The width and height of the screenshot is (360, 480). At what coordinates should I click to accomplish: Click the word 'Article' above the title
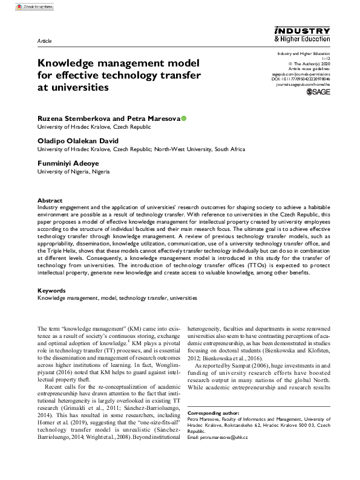click(x=45, y=41)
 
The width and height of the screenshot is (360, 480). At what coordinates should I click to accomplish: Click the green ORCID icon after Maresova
click(x=184, y=118)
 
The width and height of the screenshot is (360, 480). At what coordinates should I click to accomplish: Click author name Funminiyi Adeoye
click(x=68, y=163)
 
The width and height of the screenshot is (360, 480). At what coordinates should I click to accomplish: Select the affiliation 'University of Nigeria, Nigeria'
click(x=74, y=172)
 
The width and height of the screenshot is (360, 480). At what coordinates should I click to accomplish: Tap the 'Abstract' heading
click(x=50, y=200)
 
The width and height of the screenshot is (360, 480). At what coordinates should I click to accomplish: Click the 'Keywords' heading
click(x=51, y=291)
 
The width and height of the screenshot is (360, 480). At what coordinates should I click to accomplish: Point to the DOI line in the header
click(x=303, y=79)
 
